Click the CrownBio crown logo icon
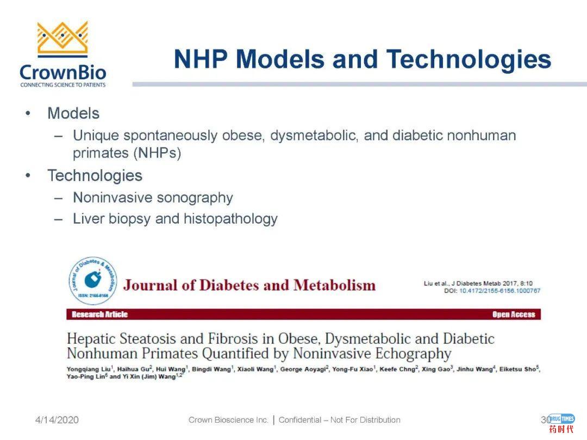[x=63, y=39]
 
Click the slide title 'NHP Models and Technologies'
[x=362, y=59]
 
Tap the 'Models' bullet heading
[x=73, y=114]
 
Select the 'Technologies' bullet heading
[x=95, y=175]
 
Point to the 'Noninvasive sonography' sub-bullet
[x=153, y=198]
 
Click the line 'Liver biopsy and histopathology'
[x=175, y=219]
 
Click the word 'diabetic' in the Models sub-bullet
[x=417, y=135]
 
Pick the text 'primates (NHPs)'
[x=127, y=153]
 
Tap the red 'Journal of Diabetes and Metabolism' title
[x=249, y=285]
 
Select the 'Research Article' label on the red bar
[x=100, y=315]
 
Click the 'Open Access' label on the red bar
[x=513, y=315]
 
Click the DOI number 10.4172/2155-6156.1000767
[x=499, y=291]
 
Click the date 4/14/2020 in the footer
[x=57, y=420]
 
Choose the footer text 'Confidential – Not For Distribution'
[x=339, y=420]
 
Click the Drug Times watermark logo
[x=561, y=423]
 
